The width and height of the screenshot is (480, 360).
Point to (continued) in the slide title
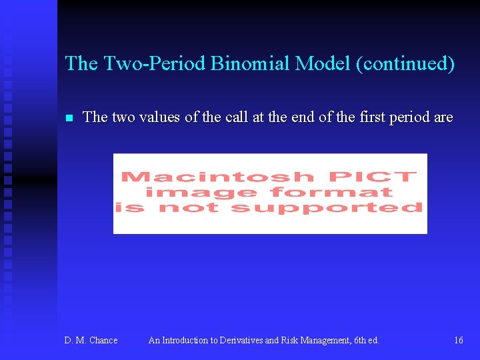(x=405, y=63)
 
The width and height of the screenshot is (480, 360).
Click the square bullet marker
(x=68, y=118)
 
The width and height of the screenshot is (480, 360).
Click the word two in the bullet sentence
(x=123, y=117)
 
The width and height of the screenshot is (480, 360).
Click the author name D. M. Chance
(x=91, y=340)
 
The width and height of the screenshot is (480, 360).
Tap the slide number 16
(x=459, y=340)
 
